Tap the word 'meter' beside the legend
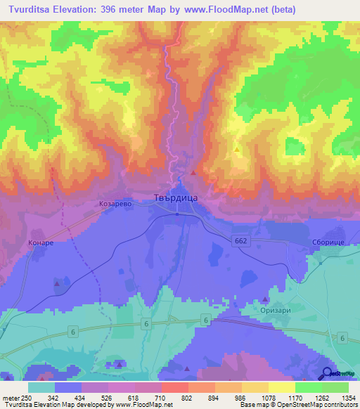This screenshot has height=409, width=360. (x=11, y=397)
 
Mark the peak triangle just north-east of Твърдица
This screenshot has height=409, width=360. (x=193, y=173)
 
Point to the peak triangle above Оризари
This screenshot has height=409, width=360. (x=276, y=289)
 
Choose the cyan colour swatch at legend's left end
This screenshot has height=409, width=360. (x=41, y=387)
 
